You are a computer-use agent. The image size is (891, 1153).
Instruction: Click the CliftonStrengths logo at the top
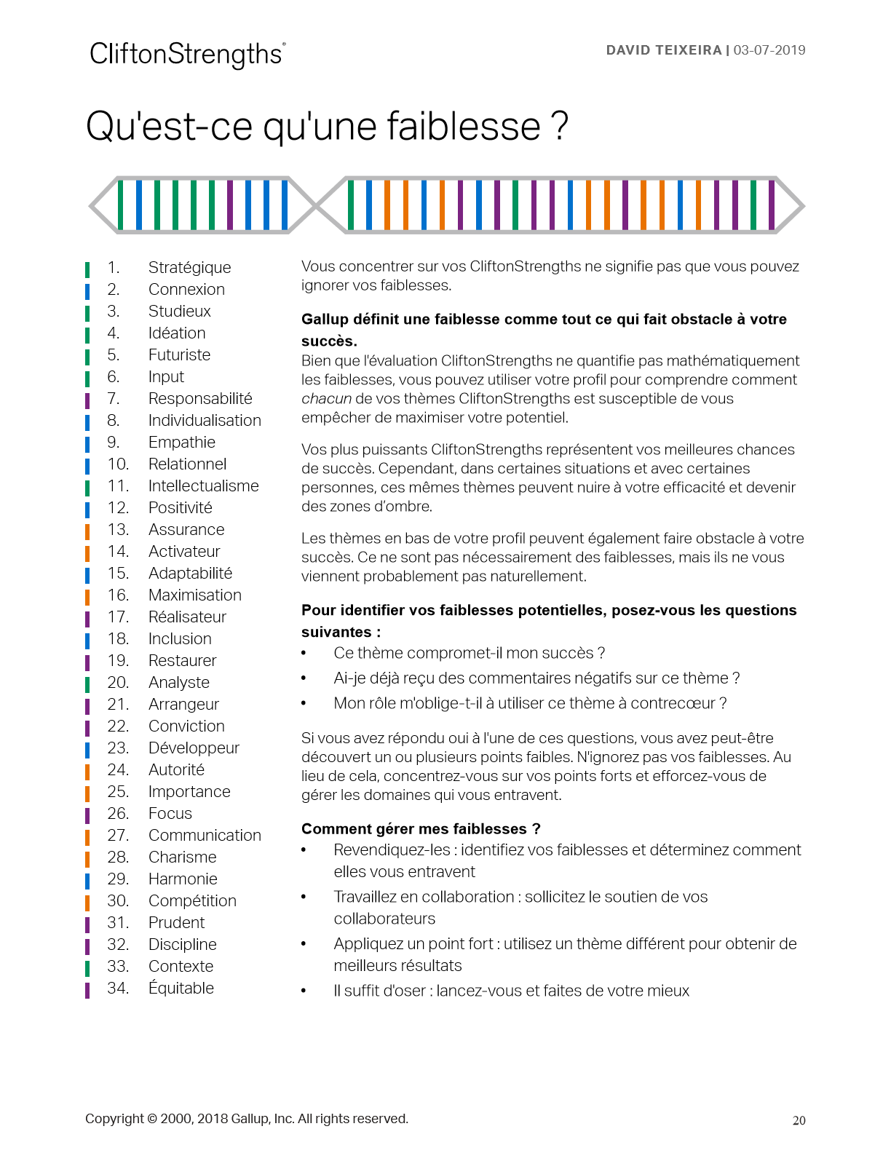tap(187, 55)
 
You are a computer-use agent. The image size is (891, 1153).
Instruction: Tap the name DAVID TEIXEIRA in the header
tap(663, 50)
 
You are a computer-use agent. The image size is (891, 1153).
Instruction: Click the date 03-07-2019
tap(769, 50)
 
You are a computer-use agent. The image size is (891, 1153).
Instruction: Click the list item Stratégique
tap(189, 267)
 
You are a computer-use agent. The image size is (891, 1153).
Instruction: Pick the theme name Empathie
tap(181, 442)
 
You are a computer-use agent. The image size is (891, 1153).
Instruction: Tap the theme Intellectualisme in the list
tap(203, 486)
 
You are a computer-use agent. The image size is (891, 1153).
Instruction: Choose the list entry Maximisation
tap(194, 595)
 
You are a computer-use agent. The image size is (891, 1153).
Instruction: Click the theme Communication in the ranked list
tap(205, 835)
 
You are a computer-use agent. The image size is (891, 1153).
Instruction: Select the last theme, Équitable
tap(181, 988)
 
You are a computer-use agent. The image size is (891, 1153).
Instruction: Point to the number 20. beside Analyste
tap(118, 682)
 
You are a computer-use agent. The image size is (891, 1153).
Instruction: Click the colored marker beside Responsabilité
tap(87, 400)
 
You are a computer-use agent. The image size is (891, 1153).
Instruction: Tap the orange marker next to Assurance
tap(87, 531)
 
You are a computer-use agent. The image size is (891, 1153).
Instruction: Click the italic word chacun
tap(326, 398)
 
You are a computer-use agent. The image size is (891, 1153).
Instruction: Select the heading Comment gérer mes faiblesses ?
tap(421, 828)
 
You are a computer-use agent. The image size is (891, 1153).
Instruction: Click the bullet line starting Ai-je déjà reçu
tap(536, 678)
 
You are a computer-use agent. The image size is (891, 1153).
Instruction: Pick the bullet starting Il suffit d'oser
tap(511, 990)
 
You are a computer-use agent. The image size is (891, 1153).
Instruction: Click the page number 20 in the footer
tap(799, 1120)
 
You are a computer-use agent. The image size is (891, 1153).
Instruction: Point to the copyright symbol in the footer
tap(152, 1119)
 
